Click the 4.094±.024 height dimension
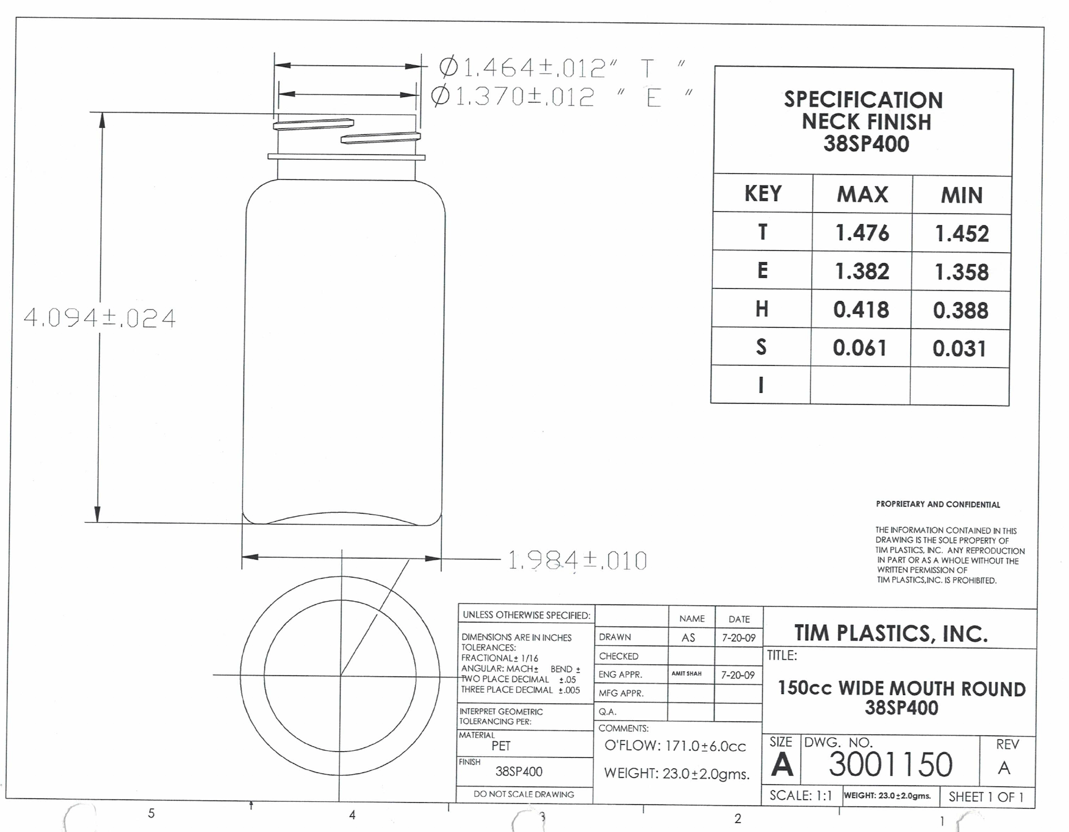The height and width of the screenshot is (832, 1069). click(100, 318)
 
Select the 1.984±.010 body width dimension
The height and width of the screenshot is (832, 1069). click(577, 561)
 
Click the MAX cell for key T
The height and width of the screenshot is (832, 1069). click(862, 233)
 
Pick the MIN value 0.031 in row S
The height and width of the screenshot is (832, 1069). click(959, 348)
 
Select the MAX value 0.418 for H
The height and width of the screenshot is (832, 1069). click(861, 310)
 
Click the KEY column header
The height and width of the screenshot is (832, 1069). click(763, 193)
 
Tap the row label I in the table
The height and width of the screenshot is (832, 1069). click(761, 385)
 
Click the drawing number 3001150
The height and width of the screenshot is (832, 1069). click(890, 764)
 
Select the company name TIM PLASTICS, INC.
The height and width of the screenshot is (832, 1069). click(891, 633)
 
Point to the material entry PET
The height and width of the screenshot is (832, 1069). click(501, 746)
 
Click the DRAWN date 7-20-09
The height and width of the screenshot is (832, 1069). click(738, 638)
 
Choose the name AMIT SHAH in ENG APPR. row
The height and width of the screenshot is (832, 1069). click(686, 674)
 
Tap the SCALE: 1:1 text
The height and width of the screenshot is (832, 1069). click(800, 796)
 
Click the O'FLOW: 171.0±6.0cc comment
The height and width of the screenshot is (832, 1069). click(675, 746)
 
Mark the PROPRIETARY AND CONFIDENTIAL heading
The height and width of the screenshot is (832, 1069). click(938, 504)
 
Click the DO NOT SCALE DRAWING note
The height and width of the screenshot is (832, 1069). click(524, 794)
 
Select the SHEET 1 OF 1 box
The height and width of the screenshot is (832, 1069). click(986, 797)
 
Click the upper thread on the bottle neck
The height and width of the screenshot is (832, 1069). click(313, 125)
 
